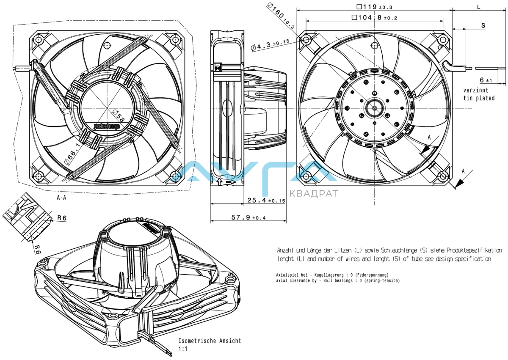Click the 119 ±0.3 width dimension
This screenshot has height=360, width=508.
pyautogui.click(x=374, y=6)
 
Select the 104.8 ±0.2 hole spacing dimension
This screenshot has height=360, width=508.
pyautogui.click(x=374, y=18)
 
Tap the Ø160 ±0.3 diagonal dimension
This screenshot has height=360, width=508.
pyautogui.click(x=281, y=16)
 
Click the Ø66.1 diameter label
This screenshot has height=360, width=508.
pyautogui.click(x=72, y=154)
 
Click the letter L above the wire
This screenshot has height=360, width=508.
pyautogui.click(x=479, y=7)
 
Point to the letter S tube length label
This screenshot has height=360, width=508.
pyautogui.click(x=483, y=25)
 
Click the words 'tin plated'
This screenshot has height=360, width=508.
pyautogui.click(x=479, y=98)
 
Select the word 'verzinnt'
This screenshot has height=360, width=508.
pyautogui.click(x=475, y=91)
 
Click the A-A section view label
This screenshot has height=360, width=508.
pyautogui.click(x=61, y=197)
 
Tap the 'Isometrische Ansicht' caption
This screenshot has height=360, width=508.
pyautogui.click(x=210, y=341)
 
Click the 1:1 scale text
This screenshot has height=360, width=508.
pyautogui.click(x=183, y=349)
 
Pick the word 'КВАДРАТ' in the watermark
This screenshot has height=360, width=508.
pyautogui.click(x=313, y=194)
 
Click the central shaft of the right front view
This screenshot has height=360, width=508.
pyautogui.click(x=375, y=107)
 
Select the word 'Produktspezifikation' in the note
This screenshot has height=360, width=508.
pyautogui.click(x=472, y=250)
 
